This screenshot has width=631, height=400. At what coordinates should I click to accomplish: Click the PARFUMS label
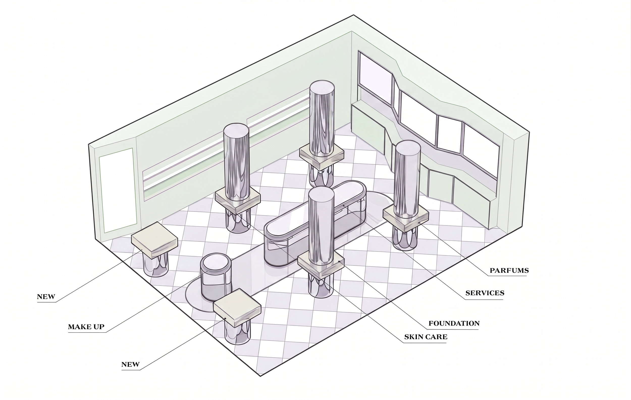coord(509,271)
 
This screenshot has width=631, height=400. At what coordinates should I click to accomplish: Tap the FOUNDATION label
coord(454,324)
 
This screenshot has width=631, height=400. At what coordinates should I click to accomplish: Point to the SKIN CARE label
coord(426,337)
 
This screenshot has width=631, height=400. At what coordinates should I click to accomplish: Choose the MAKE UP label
coord(86,327)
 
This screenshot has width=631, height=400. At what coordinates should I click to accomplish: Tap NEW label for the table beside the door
coord(46,297)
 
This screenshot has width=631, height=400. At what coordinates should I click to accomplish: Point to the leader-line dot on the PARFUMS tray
coord(419,223)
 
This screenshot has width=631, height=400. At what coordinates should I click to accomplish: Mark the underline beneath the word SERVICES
coord(485,299)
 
